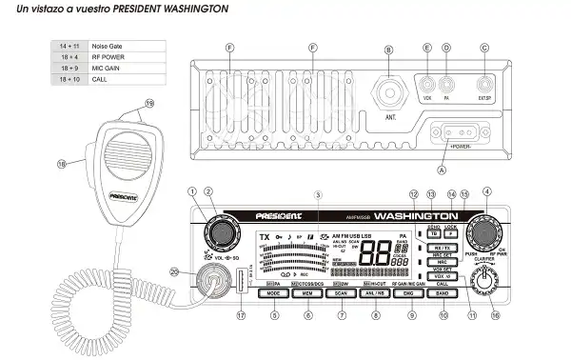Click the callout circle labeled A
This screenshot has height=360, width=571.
pyautogui.click(x=440, y=169)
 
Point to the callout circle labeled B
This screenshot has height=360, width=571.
pyautogui.click(x=388, y=49)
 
